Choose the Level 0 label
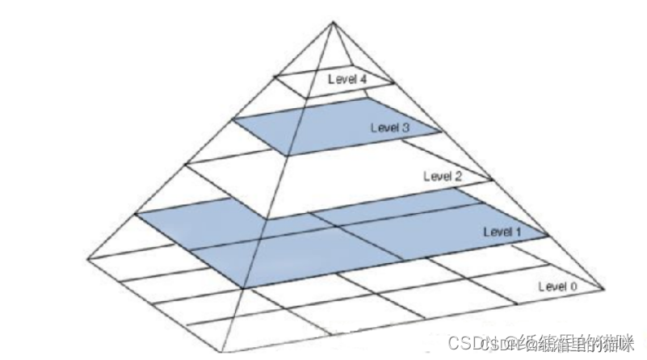coord(557,286)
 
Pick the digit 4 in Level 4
coord(365,79)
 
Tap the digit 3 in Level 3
coord(409,127)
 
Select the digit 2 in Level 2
coord(460,175)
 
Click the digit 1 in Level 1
coord(521,232)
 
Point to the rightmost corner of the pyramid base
coord(605,287)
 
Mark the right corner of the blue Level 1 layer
coord(548,236)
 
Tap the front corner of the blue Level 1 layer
coord(242,287)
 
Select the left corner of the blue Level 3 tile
coord(233,119)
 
